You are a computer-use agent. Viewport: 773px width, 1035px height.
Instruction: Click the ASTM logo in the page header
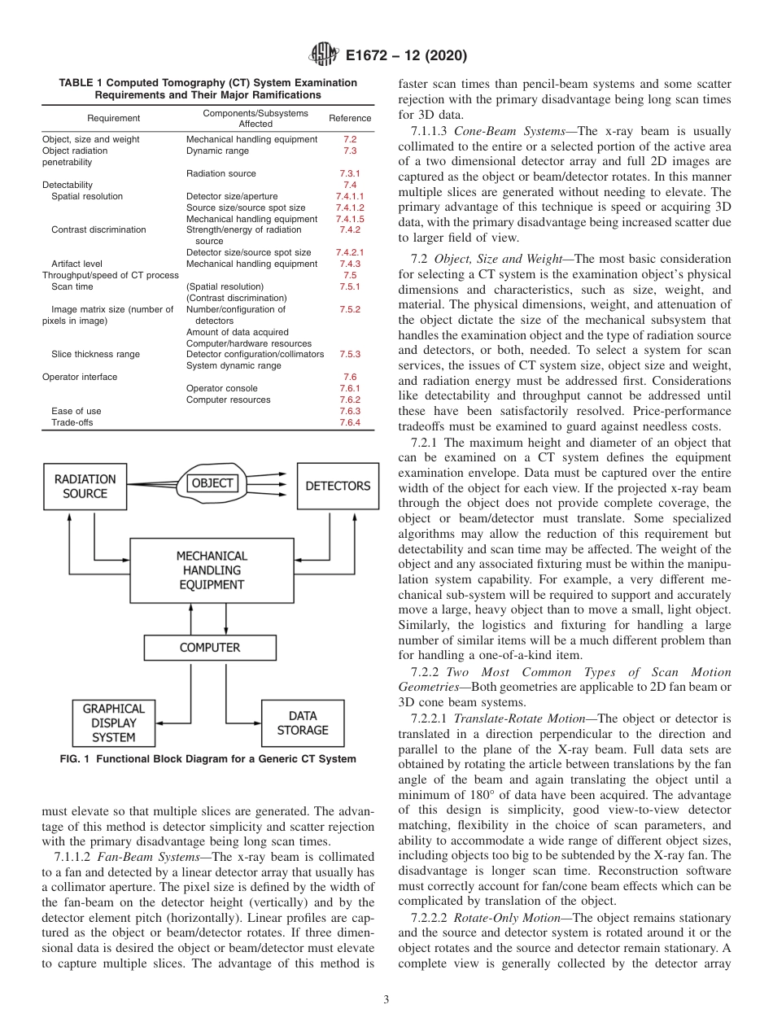pyautogui.click(x=325, y=56)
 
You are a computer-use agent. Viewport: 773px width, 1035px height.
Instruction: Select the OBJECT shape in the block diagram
pyautogui.click(x=212, y=483)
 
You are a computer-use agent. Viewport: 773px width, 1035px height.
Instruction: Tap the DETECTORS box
pyautogui.click(x=337, y=487)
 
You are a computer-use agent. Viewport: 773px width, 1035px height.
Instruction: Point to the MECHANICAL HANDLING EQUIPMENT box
pyautogui.click(x=212, y=570)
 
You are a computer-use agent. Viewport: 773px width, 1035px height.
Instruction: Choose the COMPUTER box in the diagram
pyautogui.click(x=210, y=648)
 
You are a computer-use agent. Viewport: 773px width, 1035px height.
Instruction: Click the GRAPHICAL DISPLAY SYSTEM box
pyautogui.click(x=114, y=723)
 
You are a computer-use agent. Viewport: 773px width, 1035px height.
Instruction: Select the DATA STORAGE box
pyautogui.click(x=303, y=723)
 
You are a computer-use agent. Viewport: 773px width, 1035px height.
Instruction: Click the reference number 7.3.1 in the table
pyautogui.click(x=349, y=174)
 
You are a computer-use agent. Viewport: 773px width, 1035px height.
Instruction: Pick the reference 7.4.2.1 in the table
pyautogui.click(x=349, y=253)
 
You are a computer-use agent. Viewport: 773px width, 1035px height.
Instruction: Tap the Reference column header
pyautogui.click(x=350, y=119)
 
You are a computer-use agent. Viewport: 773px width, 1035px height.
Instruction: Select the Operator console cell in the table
pyautogui.click(x=221, y=389)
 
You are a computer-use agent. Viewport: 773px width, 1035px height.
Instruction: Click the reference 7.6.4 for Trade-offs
pyautogui.click(x=349, y=423)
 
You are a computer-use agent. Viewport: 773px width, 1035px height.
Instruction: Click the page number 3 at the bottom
pyautogui.click(x=386, y=999)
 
